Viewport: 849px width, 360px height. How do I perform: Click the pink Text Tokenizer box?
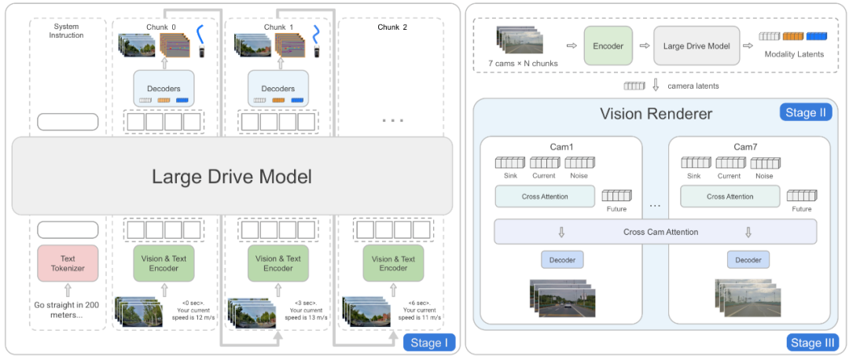(x=68, y=263)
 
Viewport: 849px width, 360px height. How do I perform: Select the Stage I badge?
(x=430, y=343)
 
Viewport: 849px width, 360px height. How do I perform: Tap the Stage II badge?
(x=805, y=112)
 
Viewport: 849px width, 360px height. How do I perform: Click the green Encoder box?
(x=608, y=46)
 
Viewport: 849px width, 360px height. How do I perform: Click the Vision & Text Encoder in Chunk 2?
(x=393, y=263)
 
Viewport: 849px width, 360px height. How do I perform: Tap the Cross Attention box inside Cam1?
(x=545, y=197)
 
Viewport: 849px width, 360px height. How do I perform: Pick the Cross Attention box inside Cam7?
(x=730, y=197)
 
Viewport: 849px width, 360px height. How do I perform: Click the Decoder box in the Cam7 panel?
(x=748, y=259)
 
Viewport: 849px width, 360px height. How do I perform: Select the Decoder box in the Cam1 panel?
(x=562, y=259)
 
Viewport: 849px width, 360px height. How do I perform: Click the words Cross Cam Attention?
(x=660, y=232)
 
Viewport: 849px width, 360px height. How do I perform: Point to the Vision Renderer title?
(x=656, y=114)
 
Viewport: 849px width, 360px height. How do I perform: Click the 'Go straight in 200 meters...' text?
(x=67, y=309)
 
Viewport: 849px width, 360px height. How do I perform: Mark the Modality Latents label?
(x=793, y=55)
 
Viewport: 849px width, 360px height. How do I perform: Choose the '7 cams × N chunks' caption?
(x=523, y=64)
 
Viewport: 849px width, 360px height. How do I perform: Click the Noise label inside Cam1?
(x=579, y=176)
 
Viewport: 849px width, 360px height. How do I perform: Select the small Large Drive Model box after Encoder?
(x=696, y=46)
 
